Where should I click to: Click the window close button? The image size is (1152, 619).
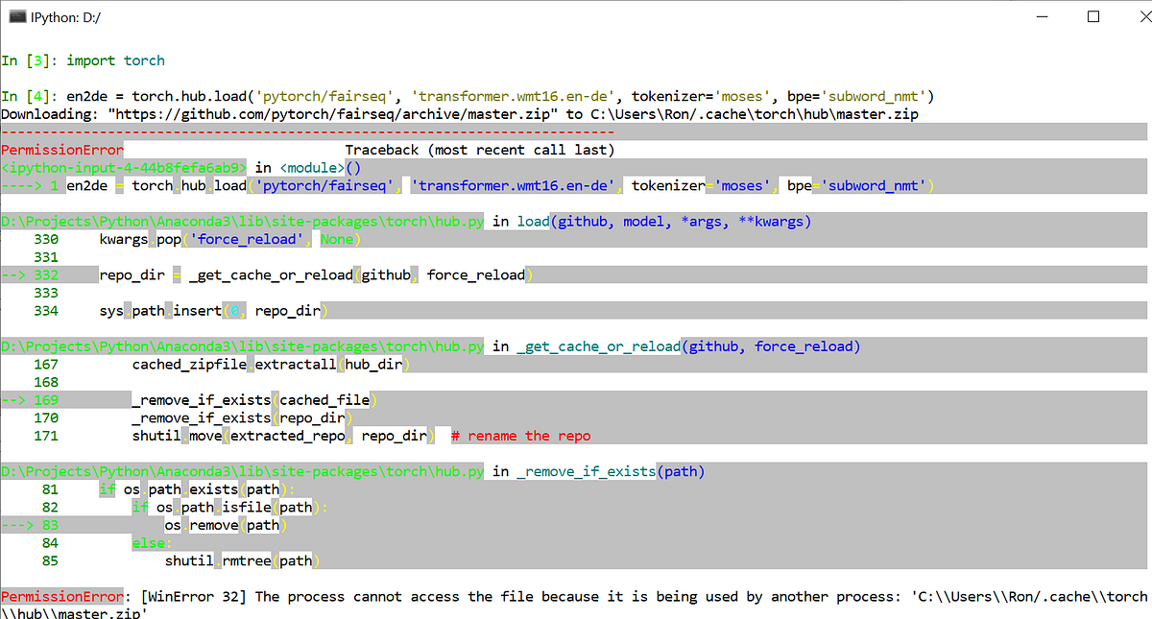point(1130,16)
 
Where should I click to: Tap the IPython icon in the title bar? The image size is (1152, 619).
point(15,16)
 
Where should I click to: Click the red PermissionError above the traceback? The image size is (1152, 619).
point(62,150)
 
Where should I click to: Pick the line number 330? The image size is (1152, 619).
point(46,239)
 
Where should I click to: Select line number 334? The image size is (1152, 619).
point(46,311)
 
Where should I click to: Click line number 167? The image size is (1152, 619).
point(46,365)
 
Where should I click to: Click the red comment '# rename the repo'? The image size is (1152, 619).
point(520,436)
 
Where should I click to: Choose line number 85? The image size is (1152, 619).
point(50,560)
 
